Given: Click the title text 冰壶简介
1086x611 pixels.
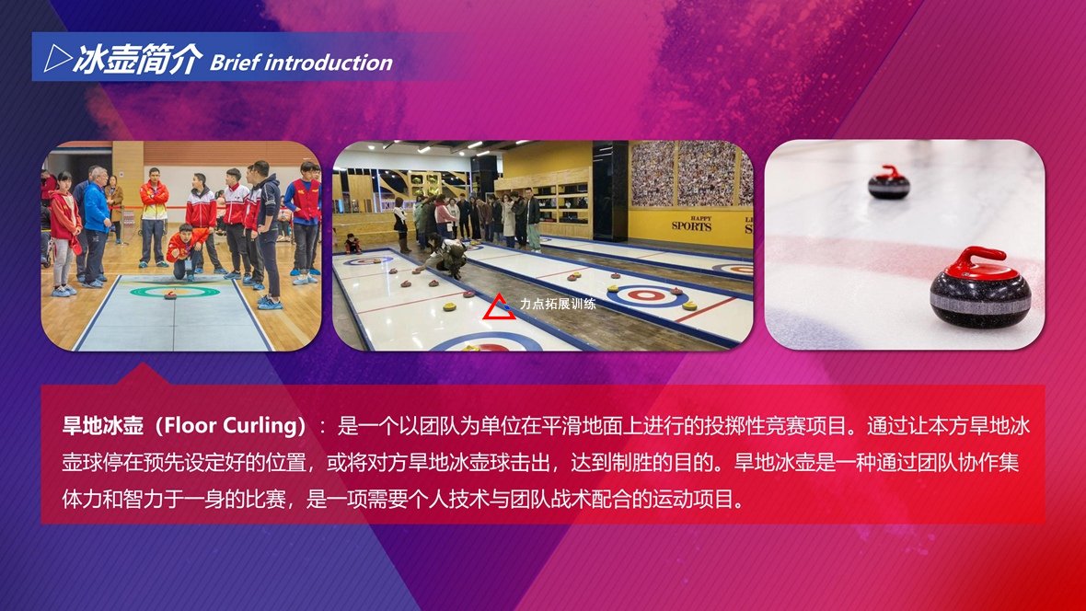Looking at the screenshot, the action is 137,59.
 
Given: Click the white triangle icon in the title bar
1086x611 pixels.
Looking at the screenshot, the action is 57,59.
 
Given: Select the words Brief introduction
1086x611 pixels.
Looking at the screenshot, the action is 301,63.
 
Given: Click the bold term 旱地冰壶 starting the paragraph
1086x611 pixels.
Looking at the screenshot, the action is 102,424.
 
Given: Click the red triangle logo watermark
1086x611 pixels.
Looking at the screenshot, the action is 499,307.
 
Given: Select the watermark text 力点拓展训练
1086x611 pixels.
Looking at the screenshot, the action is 558,304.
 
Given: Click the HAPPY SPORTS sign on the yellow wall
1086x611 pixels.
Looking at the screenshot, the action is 691,223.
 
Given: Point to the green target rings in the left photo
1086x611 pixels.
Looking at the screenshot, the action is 174,292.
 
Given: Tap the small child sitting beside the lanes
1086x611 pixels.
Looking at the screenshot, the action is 352,243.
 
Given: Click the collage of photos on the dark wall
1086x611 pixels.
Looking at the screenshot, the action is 692,173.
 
